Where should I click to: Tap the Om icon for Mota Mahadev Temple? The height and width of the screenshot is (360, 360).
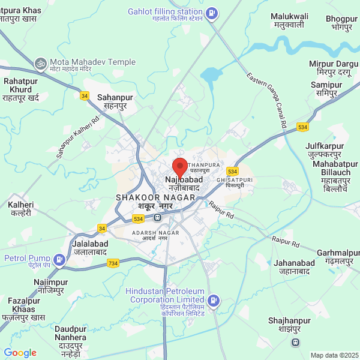click(41, 62)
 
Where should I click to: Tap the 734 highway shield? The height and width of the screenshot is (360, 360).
click(112, 263)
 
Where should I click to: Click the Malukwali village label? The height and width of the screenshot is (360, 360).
click(289, 20)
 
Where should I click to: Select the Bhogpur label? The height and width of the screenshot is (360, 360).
click(342, 23)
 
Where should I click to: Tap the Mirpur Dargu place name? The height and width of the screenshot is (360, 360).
click(333, 68)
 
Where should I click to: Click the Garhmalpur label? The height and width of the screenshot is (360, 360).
click(338, 257)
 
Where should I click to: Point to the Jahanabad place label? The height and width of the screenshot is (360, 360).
click(293, 267)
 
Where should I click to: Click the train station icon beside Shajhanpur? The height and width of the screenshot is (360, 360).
click(295, 343)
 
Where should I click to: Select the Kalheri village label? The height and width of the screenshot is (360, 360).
click(20, 209)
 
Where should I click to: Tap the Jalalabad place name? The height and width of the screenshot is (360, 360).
click(90, 248)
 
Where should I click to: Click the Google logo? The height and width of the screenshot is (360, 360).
click(20, 353)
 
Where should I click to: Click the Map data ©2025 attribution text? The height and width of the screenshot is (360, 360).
click(334, 355)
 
